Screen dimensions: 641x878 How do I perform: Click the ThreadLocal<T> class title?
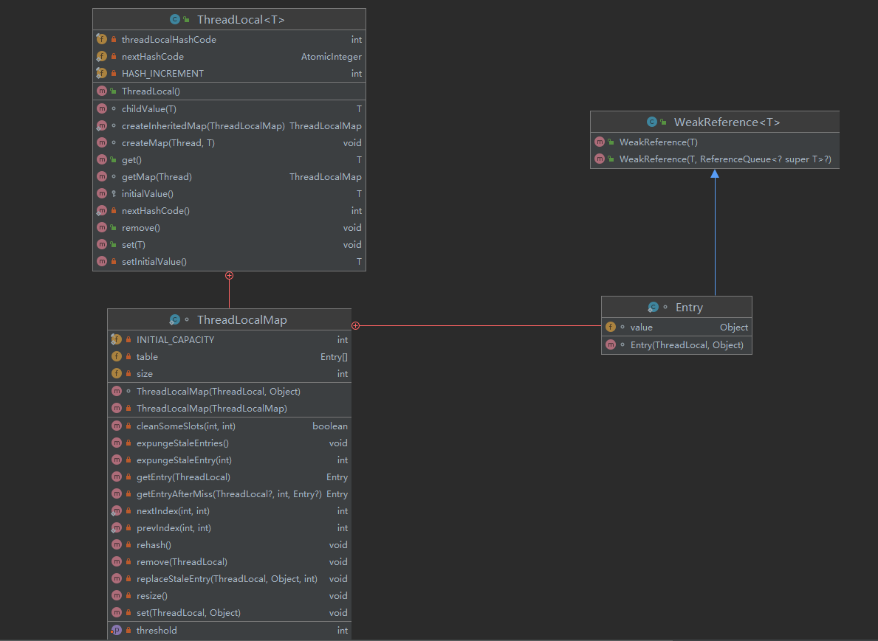[x=241, y=20]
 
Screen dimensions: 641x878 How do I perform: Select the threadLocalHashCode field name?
[x=168, y=40]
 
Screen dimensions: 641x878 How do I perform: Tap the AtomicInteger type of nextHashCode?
[x=331, y=57]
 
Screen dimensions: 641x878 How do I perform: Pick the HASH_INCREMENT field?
[x=162, y=74]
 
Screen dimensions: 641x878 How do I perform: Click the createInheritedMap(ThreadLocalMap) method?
[x=203, y=126]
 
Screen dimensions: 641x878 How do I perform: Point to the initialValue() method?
[x=147, y=194]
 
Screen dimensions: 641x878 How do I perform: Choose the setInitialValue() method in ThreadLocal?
[x=154, y=262]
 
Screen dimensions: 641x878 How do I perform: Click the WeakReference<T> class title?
[x=727, y=122]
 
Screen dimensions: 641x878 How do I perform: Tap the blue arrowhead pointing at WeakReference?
[x=715, y=174]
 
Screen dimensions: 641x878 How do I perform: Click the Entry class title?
[x=689, y=308]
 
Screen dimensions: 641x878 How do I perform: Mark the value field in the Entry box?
[x=641, y=328]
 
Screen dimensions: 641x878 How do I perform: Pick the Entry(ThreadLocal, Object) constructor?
[x=687, y=345]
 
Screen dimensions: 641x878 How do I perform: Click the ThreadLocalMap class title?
[x=241, y=320]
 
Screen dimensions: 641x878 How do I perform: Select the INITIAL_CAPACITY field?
[x=175, y=340]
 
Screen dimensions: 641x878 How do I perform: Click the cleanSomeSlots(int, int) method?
[x=185, y=426]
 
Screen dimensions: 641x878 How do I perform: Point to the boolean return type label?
[x=330, y=426]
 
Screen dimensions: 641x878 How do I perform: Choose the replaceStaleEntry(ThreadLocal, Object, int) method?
[x=227, y=579]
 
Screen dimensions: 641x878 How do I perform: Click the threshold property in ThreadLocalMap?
[x=157, y=631]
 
